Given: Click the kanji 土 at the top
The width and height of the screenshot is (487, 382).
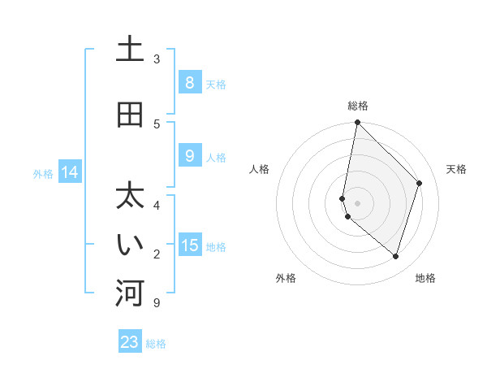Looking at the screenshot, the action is (130, 50).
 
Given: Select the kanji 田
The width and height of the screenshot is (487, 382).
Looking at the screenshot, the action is (130, 115).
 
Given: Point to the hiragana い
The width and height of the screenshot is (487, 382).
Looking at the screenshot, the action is (130, 245).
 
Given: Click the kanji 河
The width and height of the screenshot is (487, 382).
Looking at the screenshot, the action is (130, 294).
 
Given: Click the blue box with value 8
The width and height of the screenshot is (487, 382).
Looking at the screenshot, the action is (189, 82).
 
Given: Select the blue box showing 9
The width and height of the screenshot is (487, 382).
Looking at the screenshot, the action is (189, 155).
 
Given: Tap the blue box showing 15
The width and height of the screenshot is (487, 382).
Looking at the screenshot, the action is (189, 245).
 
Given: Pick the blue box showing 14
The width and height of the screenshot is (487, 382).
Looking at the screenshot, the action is (70, 171).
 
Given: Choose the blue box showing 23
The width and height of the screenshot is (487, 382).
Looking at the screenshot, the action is (130, 342).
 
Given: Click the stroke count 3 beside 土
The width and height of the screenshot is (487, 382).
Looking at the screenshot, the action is (157, 59).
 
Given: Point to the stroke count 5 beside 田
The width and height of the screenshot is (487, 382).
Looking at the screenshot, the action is (157, 124).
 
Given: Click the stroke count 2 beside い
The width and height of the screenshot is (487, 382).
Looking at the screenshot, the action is (157, 254).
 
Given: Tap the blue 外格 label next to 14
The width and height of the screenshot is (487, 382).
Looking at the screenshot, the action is (43, 173).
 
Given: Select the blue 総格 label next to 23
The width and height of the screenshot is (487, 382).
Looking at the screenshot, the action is (156, 344).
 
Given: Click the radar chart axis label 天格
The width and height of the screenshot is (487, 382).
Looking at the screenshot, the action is (457, 169).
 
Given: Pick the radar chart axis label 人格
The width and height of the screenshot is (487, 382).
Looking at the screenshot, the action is (259, 169).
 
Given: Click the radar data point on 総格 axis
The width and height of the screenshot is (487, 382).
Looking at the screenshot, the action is (357, 123).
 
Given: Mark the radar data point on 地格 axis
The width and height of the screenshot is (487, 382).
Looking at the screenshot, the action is (395, 256).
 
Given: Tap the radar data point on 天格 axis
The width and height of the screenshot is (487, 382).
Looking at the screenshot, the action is (419, 183).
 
